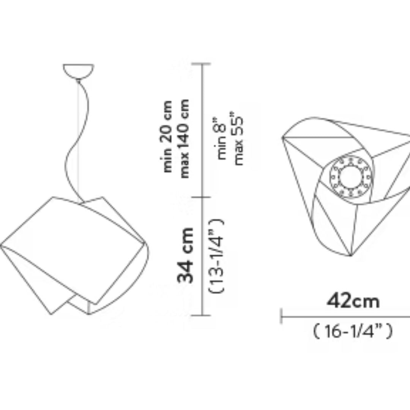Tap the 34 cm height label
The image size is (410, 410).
coord(185,255)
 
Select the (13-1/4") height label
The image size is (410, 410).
coord(216,256)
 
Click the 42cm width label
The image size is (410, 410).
coord(353,301)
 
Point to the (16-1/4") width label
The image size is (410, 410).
coord(353,331)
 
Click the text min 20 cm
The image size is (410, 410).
coord(167,136)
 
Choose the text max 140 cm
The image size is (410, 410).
coord(184,139)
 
